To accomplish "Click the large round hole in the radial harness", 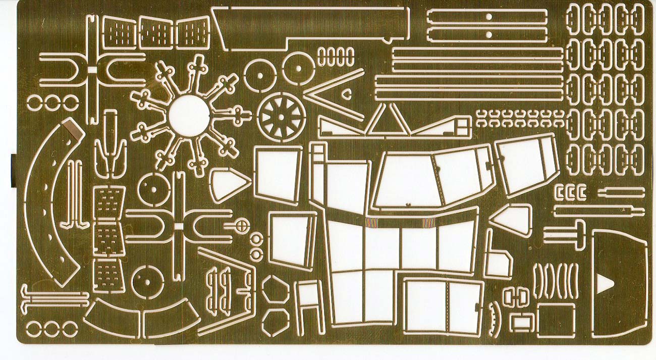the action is tap(187, 116).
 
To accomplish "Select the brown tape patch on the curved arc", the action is tap(73, 131).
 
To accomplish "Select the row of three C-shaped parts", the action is tap(570, 192).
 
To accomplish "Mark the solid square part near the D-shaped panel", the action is tap(555, 320).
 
